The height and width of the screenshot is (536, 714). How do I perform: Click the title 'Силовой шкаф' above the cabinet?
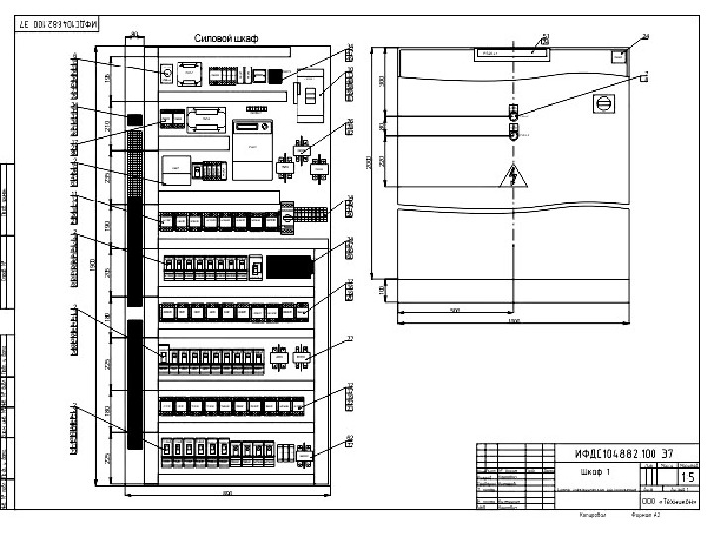coord(225,39)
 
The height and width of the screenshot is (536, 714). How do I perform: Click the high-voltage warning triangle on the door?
coord(513,177)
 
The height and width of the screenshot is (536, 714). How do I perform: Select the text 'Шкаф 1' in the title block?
coord(593,472)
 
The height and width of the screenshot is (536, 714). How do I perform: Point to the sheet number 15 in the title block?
coord(686,477)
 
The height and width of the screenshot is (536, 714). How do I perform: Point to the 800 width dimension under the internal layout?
coord(226,492)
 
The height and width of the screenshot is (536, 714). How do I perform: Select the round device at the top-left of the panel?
coord(167,72)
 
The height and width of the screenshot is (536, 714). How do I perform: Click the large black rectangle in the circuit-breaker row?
coord(290,266)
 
